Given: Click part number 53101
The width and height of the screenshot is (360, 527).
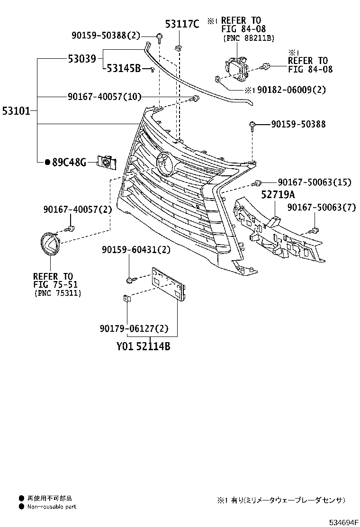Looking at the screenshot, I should coord(16,111).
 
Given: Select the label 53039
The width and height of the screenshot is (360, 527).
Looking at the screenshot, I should coord(81,59).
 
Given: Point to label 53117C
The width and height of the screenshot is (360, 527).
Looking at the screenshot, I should coord(182,24).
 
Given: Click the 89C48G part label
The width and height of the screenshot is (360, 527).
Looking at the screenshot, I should coord(68,163).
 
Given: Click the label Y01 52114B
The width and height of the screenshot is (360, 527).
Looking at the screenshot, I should coord(144,346).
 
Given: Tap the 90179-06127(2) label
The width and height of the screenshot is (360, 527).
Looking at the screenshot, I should coord(134,328).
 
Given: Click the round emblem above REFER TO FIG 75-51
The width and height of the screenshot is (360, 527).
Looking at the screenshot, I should coord(49,244).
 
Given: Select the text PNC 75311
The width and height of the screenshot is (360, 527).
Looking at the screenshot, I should coord(58,293).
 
